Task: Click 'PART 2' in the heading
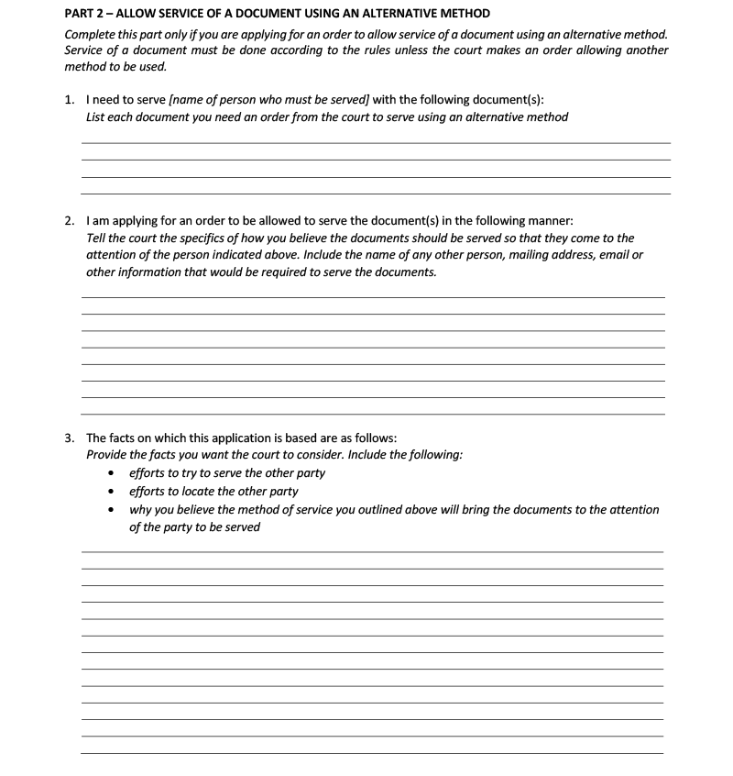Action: tap(85, 14)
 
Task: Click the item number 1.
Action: tap(70, 100)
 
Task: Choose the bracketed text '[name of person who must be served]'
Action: tap(269, 100)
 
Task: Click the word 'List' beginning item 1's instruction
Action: tap(97, 116)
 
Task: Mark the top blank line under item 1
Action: tap(376, 142)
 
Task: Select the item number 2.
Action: tap(70, 221)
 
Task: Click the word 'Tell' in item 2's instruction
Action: tap(97, 238)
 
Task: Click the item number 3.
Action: tap(70, 438)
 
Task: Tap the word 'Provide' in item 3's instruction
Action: tap(109, 454)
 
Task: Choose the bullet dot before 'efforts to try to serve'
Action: tap(112, 473)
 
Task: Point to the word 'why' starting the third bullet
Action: tap(140, 509)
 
